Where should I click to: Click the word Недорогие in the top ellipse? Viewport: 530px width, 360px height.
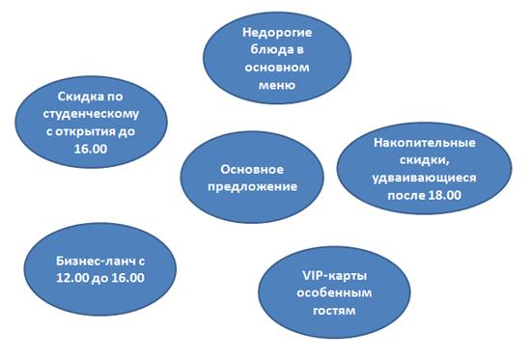277,33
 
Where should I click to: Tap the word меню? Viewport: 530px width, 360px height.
277,85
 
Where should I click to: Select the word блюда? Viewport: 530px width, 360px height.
267,49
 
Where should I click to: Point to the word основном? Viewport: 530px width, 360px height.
277,68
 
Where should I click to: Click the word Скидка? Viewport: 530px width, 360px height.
81,97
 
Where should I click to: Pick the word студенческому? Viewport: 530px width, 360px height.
91,114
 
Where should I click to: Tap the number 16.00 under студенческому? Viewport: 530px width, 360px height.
91,149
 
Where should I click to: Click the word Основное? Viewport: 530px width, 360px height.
252,169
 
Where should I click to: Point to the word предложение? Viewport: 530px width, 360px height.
253,187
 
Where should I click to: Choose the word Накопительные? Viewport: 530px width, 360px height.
425,143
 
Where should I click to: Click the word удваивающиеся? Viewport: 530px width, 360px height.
424,178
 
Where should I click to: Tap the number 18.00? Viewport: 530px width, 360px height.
444,195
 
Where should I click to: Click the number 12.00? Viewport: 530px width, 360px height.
72,278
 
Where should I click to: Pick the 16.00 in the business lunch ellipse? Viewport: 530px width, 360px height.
127,278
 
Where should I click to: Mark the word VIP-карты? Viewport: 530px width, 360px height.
335,276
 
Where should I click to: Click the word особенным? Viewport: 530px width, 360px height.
334,292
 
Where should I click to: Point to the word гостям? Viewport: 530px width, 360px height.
334,311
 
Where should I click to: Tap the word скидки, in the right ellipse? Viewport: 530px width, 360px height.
425,160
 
